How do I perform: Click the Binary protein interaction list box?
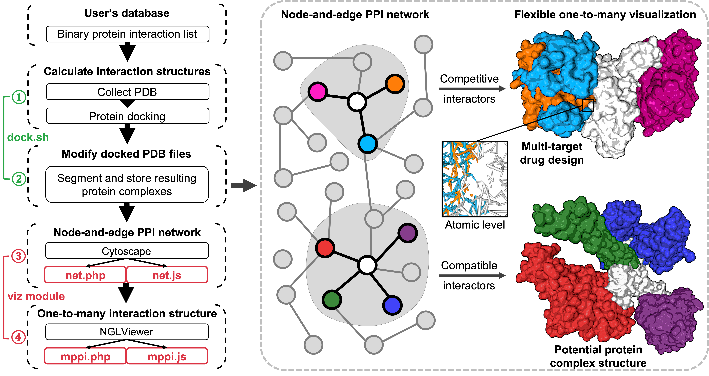tap(127, 34)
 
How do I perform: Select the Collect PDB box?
tap(127, 92)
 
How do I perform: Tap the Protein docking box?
tap(127, 116)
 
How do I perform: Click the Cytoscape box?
tap(127, 251)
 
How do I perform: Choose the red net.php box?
tap(85, 275)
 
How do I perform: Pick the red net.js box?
tap(167, 275)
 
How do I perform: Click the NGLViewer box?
tap(127, 332)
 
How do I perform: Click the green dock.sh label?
tap(28, 137)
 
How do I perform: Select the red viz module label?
tap(36, 296)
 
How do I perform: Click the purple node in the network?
tap(408, 233)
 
